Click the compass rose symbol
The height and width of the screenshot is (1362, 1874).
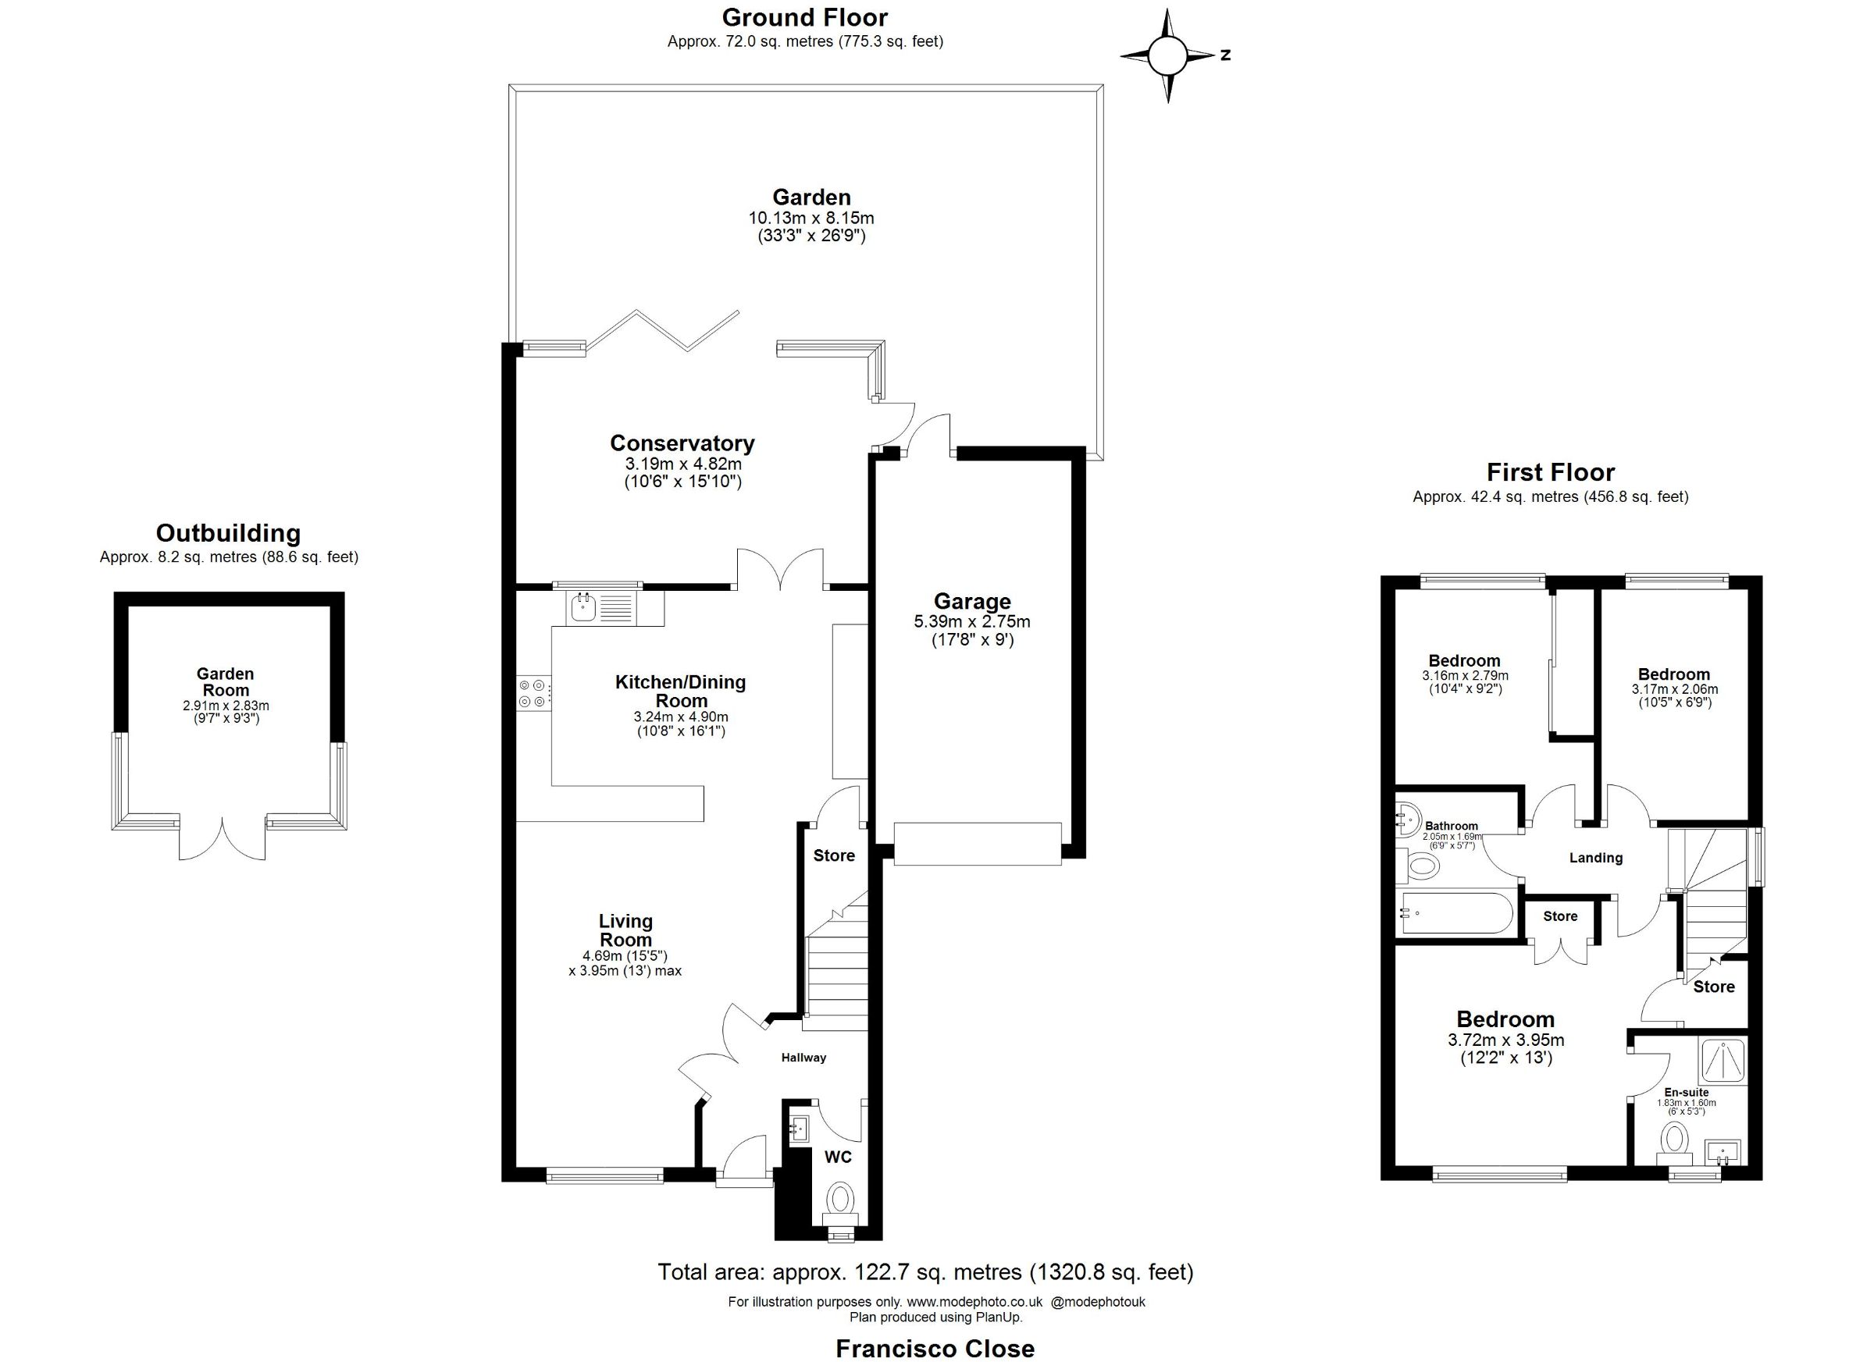coord(1167,56)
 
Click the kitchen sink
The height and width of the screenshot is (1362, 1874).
coord(601,608)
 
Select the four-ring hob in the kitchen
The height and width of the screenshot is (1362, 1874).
coord(532,693)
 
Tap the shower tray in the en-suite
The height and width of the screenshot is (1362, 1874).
coord(1723,1062)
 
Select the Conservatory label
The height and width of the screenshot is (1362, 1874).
coord(682,443)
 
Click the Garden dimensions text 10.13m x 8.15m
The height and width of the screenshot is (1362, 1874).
coord(811,219)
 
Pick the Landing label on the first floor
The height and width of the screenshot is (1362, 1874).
coord(1595,858)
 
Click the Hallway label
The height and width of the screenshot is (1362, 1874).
coord(803,1058)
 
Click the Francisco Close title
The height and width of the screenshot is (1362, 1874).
coord(935,1349)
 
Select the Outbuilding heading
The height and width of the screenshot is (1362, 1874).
coord(228,533)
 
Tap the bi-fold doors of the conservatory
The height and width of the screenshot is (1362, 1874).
coord(662,332)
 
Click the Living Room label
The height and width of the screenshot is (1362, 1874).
coord(625,930)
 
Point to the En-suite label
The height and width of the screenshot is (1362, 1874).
coord(1687,1093)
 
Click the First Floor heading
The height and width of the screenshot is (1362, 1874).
coord(1550,472)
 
